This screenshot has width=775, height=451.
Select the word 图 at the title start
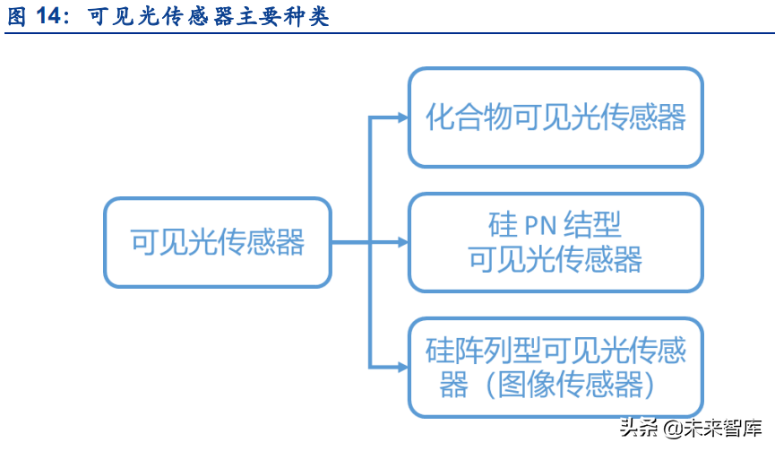tap(17, 17)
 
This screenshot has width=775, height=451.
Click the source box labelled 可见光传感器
tap(218, 242)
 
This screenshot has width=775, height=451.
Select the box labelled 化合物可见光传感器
tap(555, 117)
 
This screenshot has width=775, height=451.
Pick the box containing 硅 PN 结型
tap(555, 242)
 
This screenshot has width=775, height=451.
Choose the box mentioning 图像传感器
tap(555, 367)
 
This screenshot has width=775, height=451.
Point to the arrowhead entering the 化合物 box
tap(401, 117)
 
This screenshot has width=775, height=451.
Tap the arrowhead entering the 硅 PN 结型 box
tap(401, 242)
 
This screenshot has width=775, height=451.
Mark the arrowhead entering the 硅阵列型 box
tap(401, 367)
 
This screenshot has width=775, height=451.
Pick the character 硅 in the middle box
tap(503, 225)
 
